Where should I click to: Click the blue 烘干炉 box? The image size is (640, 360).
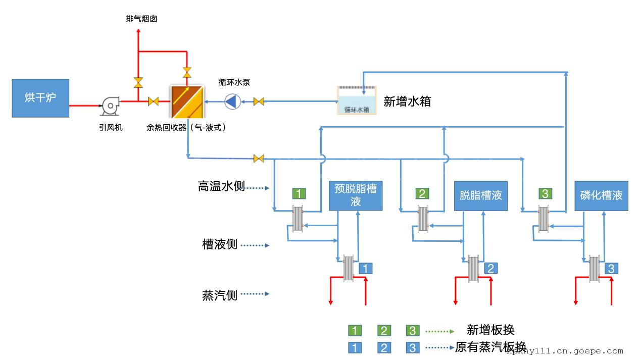pyautogui.click(x=40, y=98)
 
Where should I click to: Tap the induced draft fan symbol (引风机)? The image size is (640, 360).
pyautogui.click(x=110, y=106)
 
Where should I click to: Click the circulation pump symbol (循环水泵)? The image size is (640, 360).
pyautogui.click(x=232, y=101)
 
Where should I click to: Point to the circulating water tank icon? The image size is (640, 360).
pyautogui.click(x=357, y=100)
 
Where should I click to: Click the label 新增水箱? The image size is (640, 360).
pyautogui.click(x=407, y=101)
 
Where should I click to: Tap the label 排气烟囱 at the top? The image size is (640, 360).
pyautogui.click(x=141, y=19)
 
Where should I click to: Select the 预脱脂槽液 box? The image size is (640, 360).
pyautogui.click(x=356, y=195)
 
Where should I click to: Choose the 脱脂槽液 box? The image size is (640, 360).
pyautogui.click(x=480, y=195)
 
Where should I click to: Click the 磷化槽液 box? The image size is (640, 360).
pyautogui.click(x=601, y=195)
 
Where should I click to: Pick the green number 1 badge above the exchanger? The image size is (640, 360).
pyautogui.click(x=299, y=193)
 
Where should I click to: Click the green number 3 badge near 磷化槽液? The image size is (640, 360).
pyautogui.click(x=545, y=193)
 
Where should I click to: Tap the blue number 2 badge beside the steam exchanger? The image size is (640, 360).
pyautogui.click(x=490, y=268)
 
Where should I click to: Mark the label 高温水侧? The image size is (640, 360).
pyautogui.click(x=221, y=187)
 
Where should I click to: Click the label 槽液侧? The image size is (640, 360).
pyautogui.click(x=220, y=245)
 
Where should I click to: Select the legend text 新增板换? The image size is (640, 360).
pyautogui.click(x=490, y=330)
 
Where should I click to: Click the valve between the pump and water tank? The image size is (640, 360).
pyautogui.click(x=259, y=102)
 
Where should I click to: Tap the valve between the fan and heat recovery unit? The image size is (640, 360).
pyautogui.click(x=154, y=101)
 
